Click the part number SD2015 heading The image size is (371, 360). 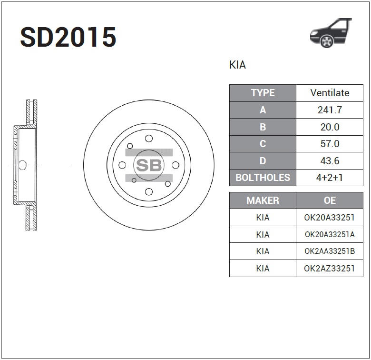click(x=68, y=37)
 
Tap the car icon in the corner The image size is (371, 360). click(x=331, y=33)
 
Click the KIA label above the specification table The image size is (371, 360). click(x=237, y=65)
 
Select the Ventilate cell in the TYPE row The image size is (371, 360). click(x=330, y=93)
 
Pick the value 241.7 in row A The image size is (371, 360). click(x=330, y=110)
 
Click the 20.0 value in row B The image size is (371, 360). click(x=330, y=127)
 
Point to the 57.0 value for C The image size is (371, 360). click(x=330, y=144)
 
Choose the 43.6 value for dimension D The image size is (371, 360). click(x=330, y=161)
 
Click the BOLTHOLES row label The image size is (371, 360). click(x=263, y=178)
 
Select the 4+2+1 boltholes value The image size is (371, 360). click(x=330, y=178)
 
